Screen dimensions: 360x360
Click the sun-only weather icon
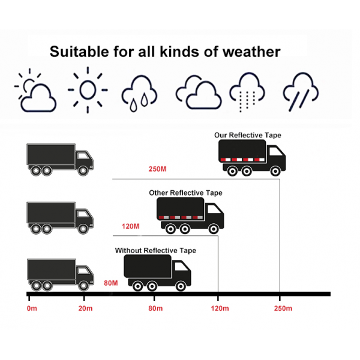tap(88, 90)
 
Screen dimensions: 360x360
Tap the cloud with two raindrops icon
tap(139, 94)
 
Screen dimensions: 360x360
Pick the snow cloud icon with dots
tap(247, 92)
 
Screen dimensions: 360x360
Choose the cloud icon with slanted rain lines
tap(301, 92)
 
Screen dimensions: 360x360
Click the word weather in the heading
tap(251, 52)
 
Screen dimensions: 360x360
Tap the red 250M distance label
tap(157, 169)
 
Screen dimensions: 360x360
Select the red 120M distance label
tap(130, 226)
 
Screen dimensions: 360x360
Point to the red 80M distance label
tap(111, 283)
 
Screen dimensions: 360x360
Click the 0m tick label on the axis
tap(32, 308)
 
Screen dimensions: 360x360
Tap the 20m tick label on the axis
tap(85, 308)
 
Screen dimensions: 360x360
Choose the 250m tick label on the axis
tap(283, 308)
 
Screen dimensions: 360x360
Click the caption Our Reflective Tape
tap(248, 135)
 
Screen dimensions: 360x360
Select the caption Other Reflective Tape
tap(185, 193)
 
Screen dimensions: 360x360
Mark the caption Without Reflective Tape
tap(155, 250)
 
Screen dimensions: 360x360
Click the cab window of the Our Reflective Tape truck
tap(276, 152)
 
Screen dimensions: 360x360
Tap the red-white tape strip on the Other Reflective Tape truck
tap(181, 217)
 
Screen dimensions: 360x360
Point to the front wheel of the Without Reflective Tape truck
tap(181, 286)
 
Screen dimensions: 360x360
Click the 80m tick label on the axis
tap(155, 308)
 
